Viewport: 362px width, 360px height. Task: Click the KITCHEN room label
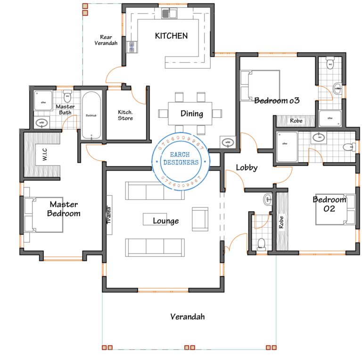(172, 36)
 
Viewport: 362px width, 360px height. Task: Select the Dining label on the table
(192, 114)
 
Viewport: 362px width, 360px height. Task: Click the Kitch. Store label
(125, 115)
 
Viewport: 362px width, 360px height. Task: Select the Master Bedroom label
(65, 209)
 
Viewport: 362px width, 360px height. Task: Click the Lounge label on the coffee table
(165, 221)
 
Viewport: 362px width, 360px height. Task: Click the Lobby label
(247, 167)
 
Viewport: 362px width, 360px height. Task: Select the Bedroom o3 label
(277, 100)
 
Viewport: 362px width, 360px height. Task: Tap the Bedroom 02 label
(329, 204)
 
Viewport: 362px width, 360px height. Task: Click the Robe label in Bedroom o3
(296, 121)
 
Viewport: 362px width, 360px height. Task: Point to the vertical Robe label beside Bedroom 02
(281, 222)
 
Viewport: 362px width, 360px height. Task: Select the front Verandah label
(188, 317)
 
